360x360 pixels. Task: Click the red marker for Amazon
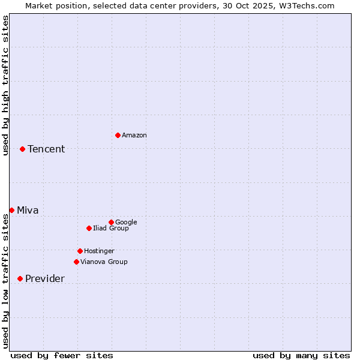[x=118, y=135]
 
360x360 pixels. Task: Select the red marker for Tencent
[x=22, y=149]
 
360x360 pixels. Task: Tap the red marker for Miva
[x=11, y=210]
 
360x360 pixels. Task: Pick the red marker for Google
[x=111, y=222]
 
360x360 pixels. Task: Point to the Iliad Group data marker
[x=89, y=228]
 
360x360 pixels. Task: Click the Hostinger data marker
[x=80, y=251]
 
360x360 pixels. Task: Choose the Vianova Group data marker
[x=76, y=262]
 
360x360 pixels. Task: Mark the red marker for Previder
[x=20, y=278]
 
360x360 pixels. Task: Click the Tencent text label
[x=46, y=149]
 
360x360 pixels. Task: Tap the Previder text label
[x=45, y=278]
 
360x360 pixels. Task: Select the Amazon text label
[x=134, y=135]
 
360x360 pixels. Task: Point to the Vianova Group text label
[x=104, y=262]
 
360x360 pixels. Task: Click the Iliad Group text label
[x=111, y=228]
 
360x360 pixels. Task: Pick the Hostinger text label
[x=99, y=251]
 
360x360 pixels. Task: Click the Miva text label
[x=28, y=210]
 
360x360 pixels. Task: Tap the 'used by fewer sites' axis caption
[x=62, y=355]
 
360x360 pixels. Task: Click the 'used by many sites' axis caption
[x=301, y=355]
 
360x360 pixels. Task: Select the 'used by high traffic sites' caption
[x=5, y=85]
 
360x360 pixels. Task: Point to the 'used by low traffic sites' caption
[x=5, y=281]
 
